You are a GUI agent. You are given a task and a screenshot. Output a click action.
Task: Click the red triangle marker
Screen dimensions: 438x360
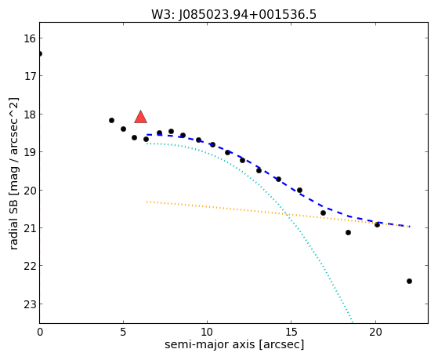140,117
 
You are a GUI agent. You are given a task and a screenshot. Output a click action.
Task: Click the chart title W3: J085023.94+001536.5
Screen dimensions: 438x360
233,14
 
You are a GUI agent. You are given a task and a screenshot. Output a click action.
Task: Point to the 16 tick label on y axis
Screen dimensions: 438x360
29,38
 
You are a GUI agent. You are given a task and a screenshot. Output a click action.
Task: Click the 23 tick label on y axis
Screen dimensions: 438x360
29,304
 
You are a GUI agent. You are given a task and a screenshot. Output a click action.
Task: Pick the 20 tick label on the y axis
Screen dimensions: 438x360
29,191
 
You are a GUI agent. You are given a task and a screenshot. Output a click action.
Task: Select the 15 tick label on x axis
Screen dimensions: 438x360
291,332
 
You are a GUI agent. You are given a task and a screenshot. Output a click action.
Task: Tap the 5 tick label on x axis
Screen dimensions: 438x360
123,332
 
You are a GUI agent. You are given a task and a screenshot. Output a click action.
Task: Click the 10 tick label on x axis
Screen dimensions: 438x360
207,332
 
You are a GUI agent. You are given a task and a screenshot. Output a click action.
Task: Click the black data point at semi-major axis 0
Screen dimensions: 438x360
40,53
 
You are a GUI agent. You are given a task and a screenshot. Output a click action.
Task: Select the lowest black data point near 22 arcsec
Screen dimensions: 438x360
409,281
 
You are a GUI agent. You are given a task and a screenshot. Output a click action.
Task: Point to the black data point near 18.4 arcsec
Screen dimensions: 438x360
348,232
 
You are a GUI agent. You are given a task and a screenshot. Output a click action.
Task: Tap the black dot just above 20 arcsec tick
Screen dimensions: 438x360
377,224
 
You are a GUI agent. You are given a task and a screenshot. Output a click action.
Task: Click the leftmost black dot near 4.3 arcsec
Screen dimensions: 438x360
111,120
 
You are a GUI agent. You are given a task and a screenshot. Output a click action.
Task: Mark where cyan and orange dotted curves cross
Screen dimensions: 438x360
286,214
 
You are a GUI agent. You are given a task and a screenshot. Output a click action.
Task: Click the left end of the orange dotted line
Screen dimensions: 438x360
147,202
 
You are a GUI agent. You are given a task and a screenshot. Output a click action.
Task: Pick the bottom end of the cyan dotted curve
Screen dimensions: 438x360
353,322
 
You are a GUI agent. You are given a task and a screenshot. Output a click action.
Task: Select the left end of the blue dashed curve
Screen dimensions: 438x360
147,135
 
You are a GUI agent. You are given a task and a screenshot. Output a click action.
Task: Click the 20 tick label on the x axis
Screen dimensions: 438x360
375,332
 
